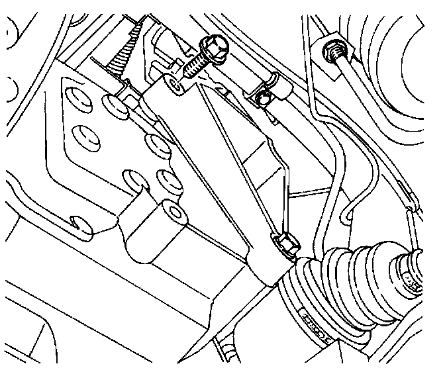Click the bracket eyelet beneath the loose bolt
point(173,83)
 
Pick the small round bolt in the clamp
point(264,99)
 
